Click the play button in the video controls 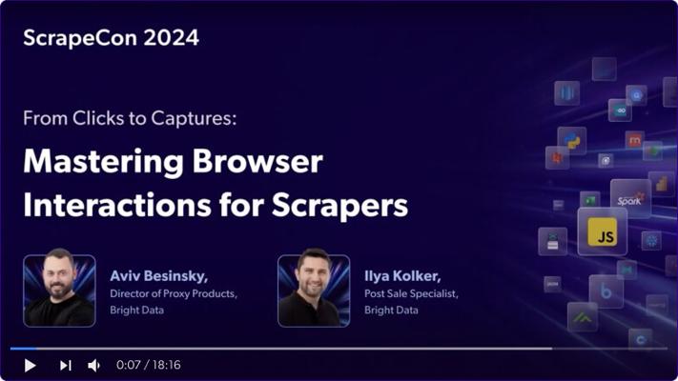[30, 366]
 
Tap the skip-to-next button [66, 366]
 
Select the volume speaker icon [93, 366]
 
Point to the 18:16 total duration [167, 365]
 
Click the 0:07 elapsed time [129, 365]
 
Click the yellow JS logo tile [602, 231]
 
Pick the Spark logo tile [630, 199]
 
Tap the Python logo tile [571, 141]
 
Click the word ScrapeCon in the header [80, 38]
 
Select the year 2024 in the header [172, 37]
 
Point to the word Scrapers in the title [339, 205]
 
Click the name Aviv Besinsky [158, 276]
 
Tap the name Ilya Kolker [402, 276]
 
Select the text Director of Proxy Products [174, 293]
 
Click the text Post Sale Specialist [411, 293]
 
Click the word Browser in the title [257, 162]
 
